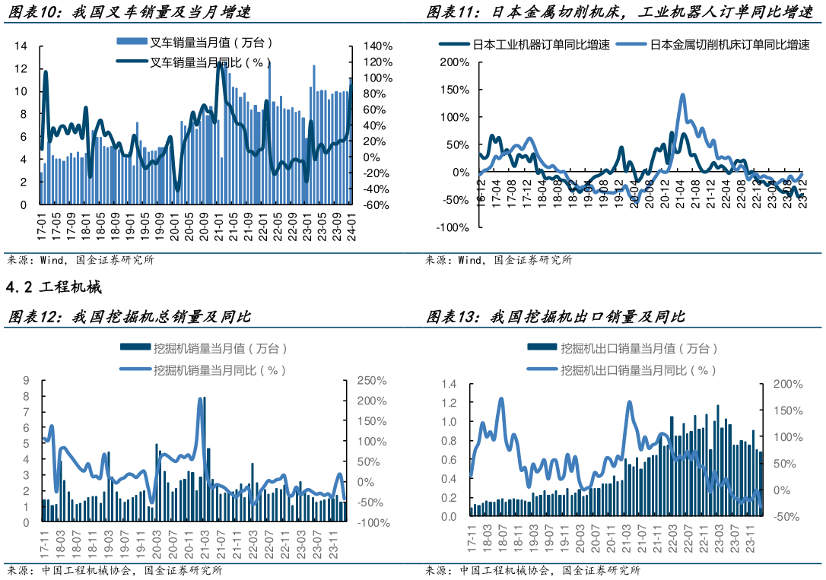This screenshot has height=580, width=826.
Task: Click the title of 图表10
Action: click(129, 11)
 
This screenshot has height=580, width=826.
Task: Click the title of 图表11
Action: click(620, 11)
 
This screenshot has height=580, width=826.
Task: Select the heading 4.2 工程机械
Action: click(54, 287)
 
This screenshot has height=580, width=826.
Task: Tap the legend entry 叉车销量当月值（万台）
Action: click(195, 42)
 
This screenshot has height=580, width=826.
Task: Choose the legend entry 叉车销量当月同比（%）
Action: click(194, 62)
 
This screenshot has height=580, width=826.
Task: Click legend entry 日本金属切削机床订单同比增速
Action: click(713, 45)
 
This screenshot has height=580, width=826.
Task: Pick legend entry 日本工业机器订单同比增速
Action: click(525, 45)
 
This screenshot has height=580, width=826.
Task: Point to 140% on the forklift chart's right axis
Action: click(378, 46)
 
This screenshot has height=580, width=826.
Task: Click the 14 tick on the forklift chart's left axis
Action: click(21, 46)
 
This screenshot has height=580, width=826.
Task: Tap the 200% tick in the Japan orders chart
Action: click(455, 62)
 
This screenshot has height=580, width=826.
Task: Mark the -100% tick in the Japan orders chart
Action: click(453, 227)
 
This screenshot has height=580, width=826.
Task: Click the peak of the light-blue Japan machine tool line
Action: click(683, 95)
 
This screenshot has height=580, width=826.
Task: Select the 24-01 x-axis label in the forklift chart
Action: click(351, 227)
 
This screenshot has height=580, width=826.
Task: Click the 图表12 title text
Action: click(129, 316)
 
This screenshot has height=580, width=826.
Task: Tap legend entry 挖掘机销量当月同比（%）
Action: click(203, 370)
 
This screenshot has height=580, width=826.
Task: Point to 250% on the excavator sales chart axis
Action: click(372, 381)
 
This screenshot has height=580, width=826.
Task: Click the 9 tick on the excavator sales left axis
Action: click(26, 381)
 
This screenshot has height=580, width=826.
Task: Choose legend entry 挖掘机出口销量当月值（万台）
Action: click(622, 348)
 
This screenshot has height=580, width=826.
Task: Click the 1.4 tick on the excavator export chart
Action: click(449, 384)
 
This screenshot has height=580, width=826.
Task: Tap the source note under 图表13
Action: click(532, 571)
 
